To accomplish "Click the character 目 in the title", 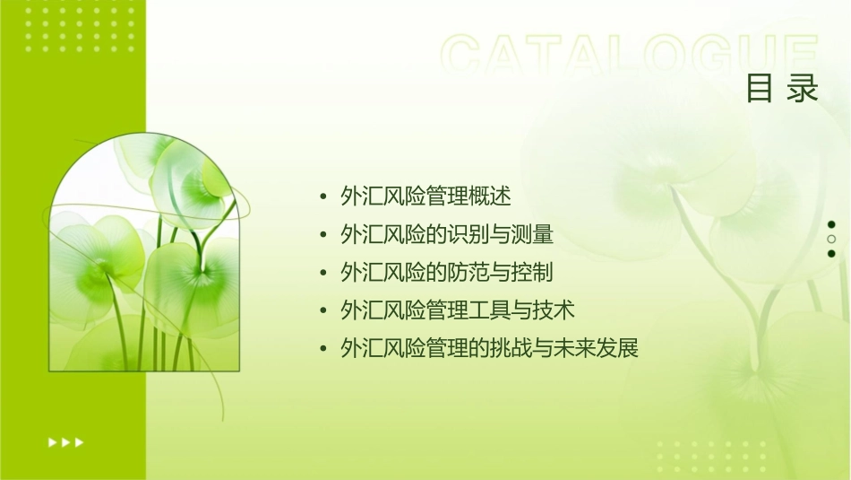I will [x=760, y=89].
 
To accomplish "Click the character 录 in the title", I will [x=804, y=89].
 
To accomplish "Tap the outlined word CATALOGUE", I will [x=630, y=56].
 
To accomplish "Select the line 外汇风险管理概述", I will [x=425, y=196].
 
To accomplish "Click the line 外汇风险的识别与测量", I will [x=447, y=235].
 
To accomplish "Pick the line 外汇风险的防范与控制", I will [x=447, y=273].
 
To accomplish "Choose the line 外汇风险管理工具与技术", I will [x=458, y=310].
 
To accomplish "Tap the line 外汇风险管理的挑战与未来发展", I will [x=489, y=348].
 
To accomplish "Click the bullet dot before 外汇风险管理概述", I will [x=323, y=197].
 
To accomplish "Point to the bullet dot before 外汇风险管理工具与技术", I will [x=323, y=311].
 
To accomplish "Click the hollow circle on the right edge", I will [x=831, y=240].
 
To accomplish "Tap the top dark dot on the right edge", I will [x=831, y=224].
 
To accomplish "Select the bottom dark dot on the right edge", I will [x=831, y=254].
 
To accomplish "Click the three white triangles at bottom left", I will [x=65, y=441].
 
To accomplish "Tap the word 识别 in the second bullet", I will [x=468, y=235].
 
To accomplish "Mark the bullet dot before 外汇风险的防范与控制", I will [x=323, y=274].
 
